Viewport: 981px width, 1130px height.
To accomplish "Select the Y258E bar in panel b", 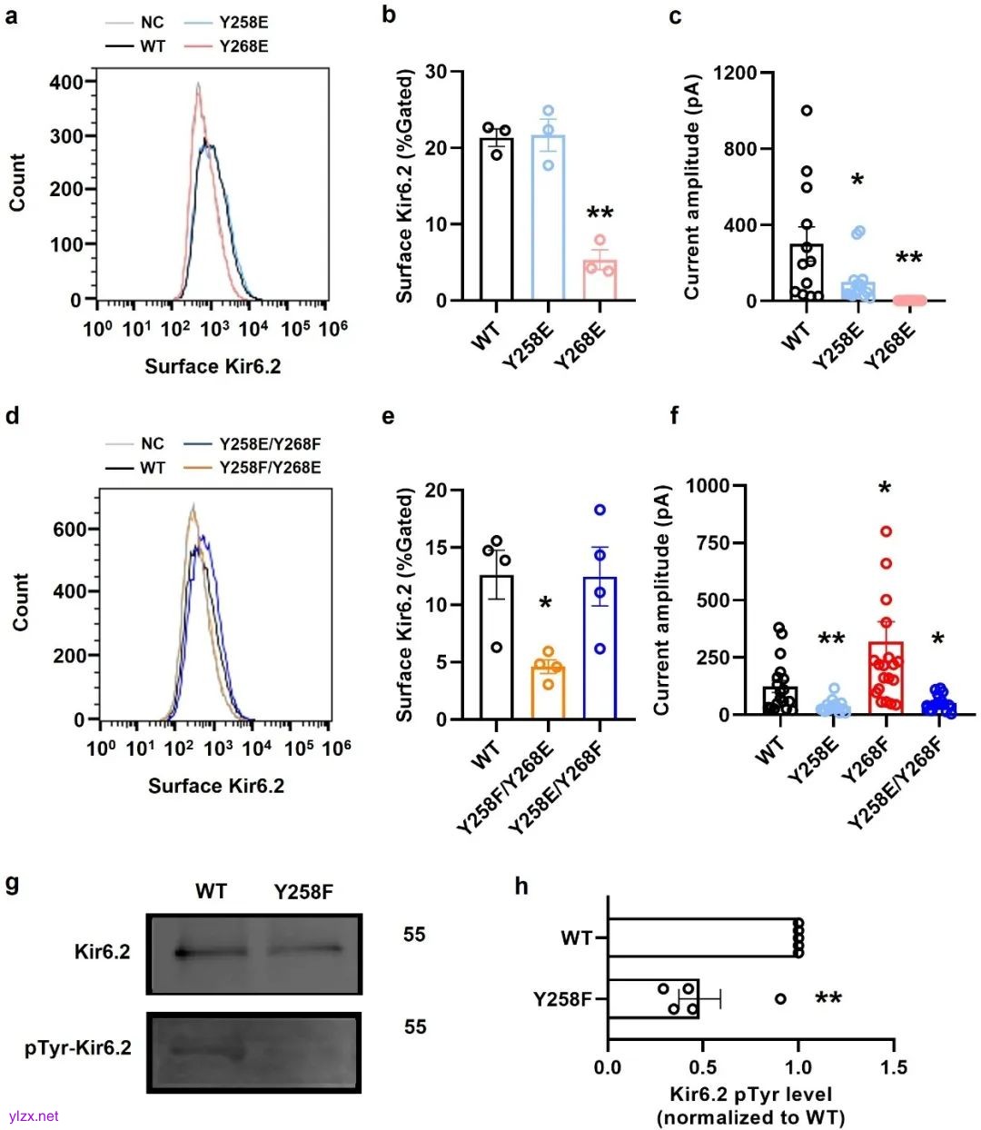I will [548, 218].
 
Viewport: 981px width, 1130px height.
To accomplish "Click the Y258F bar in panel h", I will [653, 998].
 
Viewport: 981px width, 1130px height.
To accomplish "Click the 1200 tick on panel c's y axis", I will [735, 73].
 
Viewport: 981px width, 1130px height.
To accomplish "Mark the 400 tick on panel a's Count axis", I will [65, 82].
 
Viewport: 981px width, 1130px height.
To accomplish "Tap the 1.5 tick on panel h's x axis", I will [894, 1066].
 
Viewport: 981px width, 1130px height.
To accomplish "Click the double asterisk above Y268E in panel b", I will [599, 213].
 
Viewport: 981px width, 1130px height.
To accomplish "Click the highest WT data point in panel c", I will [806, 111].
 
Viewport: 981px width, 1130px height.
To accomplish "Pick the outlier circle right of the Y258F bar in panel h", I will [780, 999].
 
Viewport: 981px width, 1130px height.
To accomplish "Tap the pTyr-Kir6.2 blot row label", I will [77, 1047].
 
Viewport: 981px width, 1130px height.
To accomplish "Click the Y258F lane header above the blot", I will [303, 892].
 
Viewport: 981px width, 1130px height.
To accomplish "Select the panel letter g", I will [13, 883].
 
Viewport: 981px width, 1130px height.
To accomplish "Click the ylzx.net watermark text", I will [34, 1115].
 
